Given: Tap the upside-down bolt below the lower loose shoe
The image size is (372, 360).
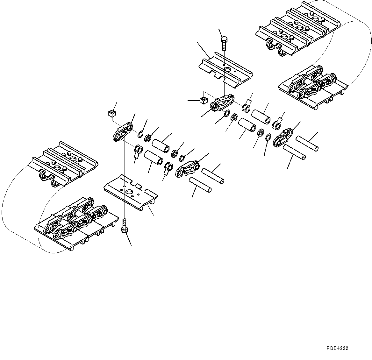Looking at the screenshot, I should click(124, 226).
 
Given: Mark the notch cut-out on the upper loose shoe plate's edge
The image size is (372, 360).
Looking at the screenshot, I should click(218, 76).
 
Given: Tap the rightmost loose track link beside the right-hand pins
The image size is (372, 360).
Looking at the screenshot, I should click(283, 137).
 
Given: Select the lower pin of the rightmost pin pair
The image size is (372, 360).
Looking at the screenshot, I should click(294, 152).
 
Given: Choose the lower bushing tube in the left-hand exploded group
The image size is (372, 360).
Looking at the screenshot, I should click(154, 157).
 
